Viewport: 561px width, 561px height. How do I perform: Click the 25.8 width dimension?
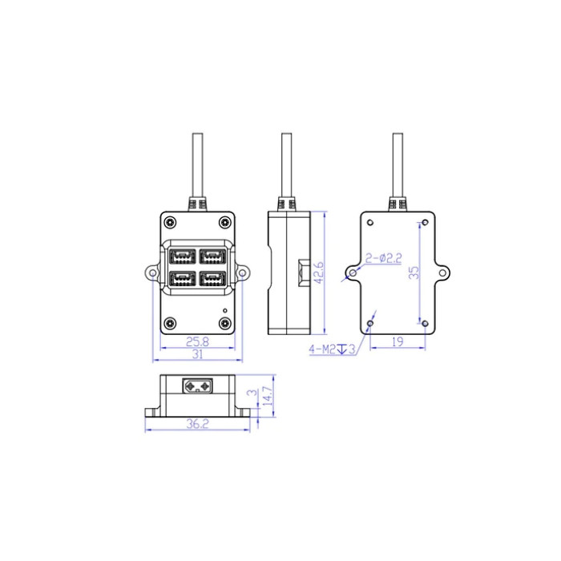click(x=197, y=341)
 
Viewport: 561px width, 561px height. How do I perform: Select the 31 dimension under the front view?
click(x=197, y=354)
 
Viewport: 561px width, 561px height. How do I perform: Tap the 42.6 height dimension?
click(x=318, y=272)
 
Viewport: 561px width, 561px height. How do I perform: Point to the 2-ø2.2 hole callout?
click(x=383, y=258)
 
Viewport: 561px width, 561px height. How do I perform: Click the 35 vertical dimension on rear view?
click(x=414, y=272)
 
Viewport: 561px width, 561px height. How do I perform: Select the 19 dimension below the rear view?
click(x=398, y=341)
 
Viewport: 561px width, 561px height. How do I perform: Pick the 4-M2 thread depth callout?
click(x=333, y=349)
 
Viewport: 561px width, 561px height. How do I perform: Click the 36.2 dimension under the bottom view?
click(x=197, y=424)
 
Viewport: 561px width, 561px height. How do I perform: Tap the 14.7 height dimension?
click(x=268, y=396)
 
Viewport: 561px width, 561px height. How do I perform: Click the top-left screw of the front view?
click(x=170, y=222)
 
